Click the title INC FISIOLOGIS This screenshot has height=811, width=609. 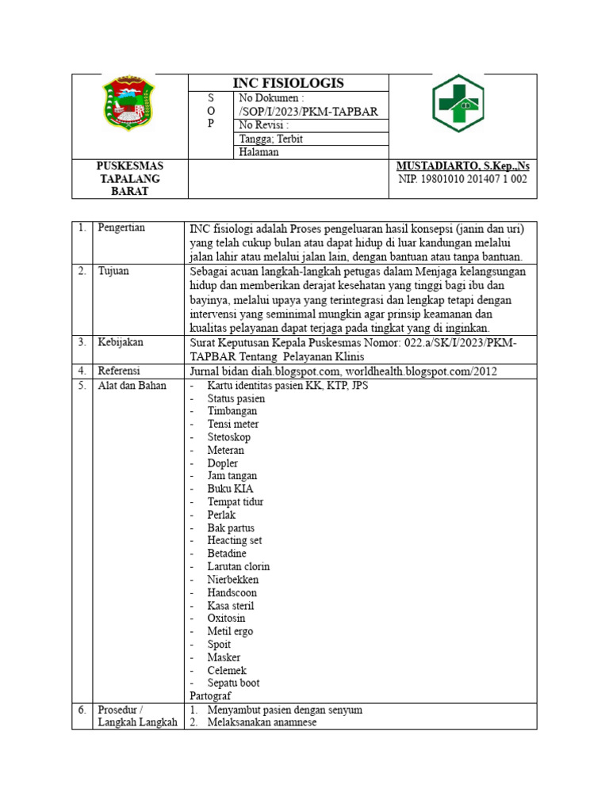[x=288, y=83]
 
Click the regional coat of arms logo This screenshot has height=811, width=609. [x=129, y=104]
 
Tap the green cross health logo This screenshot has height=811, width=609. [x=462, y=104]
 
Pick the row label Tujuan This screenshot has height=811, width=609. [x=114, y=271]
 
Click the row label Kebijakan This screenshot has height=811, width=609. [x=121, y=342]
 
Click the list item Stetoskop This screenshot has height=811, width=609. [x=228, y=437]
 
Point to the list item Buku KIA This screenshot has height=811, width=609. [x=230, y=489]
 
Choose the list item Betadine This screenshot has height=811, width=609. [x=227, y=554]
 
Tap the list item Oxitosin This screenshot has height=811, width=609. [x=226, y=618]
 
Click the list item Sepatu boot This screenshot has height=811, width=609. [x=233, y=683]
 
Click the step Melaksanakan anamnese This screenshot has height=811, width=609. [x=262, y=722]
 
